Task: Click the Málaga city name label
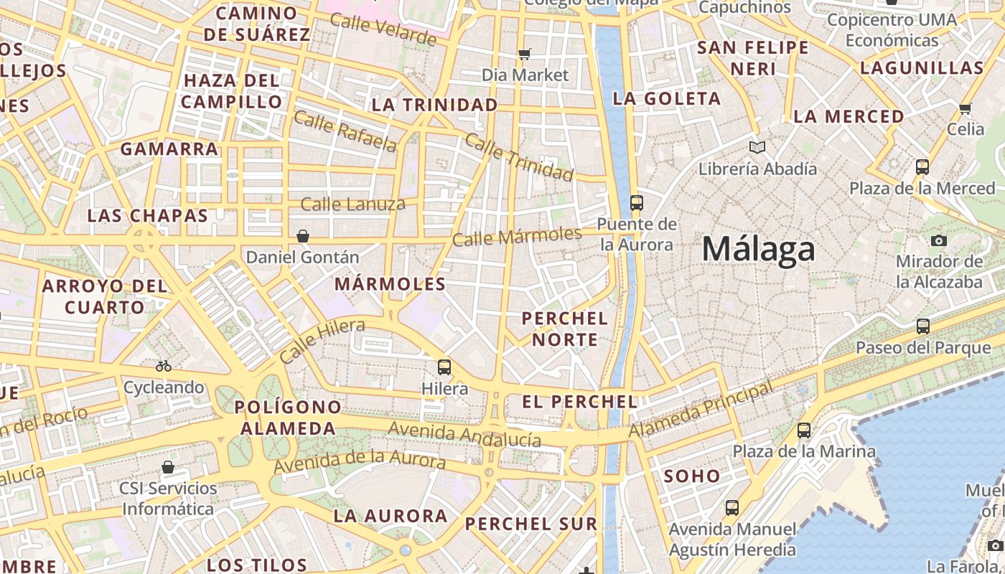tap(758, 250)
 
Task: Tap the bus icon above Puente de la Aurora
tap(636, 203)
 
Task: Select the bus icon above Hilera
tap(444, 367)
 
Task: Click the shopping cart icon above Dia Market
tap(525, 54)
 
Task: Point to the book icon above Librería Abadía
tap(757, 148)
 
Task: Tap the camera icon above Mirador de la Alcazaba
tap(938, 240)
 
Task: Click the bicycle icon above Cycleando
tap(164, 366)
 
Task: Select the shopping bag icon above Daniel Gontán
tap(303, 236)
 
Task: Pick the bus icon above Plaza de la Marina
tap(804, 430)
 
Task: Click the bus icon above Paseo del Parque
tap(923, 326)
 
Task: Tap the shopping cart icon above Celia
tap(966, 109)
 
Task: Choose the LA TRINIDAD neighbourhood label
tap(434, 105)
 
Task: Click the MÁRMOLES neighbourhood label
tap(390, 284)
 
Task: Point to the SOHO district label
tap(691, 476)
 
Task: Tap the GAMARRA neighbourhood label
tap(169, 149)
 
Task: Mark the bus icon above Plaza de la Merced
tap(922, 167)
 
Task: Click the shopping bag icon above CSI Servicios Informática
tap(168, 468)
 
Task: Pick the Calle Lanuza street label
tap(352, 204)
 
